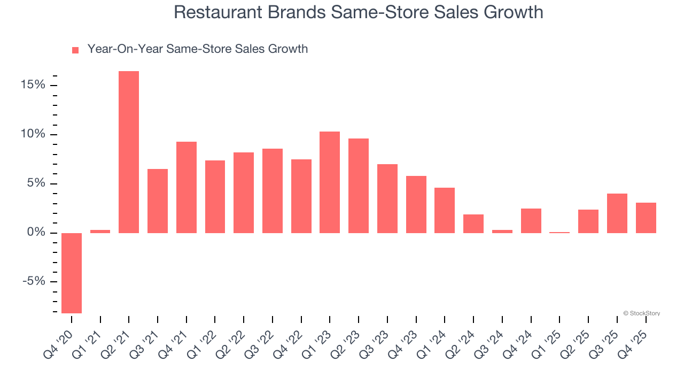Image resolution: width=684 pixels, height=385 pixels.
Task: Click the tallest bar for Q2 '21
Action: coord(129,152)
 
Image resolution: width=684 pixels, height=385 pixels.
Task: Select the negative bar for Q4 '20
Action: coord(72,273)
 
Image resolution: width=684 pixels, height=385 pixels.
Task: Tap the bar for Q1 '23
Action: coord(330,182)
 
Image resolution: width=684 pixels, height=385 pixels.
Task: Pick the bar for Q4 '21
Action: coord(186,187)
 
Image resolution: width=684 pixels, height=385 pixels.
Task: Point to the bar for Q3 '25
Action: coord(617,213)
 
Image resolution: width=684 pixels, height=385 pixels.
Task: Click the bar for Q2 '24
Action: coord(473,224)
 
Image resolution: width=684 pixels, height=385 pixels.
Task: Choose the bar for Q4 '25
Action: coord(646,218)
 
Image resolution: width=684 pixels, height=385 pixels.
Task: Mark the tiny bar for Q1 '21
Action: coord(100,232)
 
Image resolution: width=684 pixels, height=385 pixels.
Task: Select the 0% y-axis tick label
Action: coord(37,233)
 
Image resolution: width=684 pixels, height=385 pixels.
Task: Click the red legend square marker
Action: coord(75,50)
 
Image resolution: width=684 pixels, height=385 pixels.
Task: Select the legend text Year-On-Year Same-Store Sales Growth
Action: coord(197,49)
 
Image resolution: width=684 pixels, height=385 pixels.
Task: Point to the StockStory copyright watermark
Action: coord(642,313)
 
